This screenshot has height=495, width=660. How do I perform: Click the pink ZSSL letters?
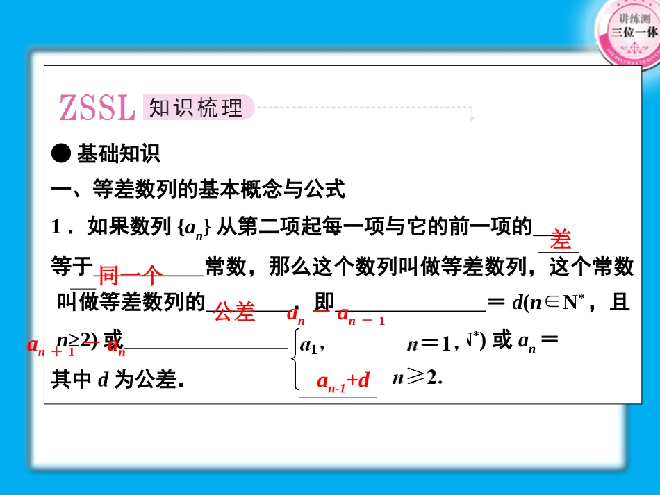(x=97, y=108)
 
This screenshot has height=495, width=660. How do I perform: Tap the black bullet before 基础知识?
(x=62, y=154)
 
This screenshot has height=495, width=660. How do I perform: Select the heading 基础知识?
(x=119, y=154)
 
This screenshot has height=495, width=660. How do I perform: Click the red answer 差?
(x=560, y=240)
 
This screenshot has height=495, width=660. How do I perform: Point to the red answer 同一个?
(x=131, y=276)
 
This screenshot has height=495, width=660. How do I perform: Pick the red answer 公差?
(x=234, y=312)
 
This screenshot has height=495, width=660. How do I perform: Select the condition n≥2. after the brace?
(x=418, y=378)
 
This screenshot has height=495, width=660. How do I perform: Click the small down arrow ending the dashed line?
(x=472, y=118)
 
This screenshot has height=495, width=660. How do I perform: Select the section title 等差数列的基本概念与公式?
(x=219, y=189)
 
